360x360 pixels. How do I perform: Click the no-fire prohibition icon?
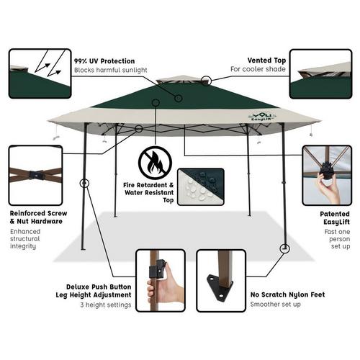click(155, 163)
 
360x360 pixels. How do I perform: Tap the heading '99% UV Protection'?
click(105, 61)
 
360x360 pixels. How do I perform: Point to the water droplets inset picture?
click(202, 186)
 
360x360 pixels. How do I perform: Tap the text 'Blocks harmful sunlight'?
click(110, 70)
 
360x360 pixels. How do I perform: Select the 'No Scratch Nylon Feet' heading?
click(287, 294)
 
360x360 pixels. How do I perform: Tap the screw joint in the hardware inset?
click(36, 174)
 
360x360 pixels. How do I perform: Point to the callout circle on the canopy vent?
click(206, 82)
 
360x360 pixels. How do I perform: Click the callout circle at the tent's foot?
click(284, 248)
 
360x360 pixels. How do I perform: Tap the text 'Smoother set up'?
click(276, 305)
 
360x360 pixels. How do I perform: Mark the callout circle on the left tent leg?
click(84, 183)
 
